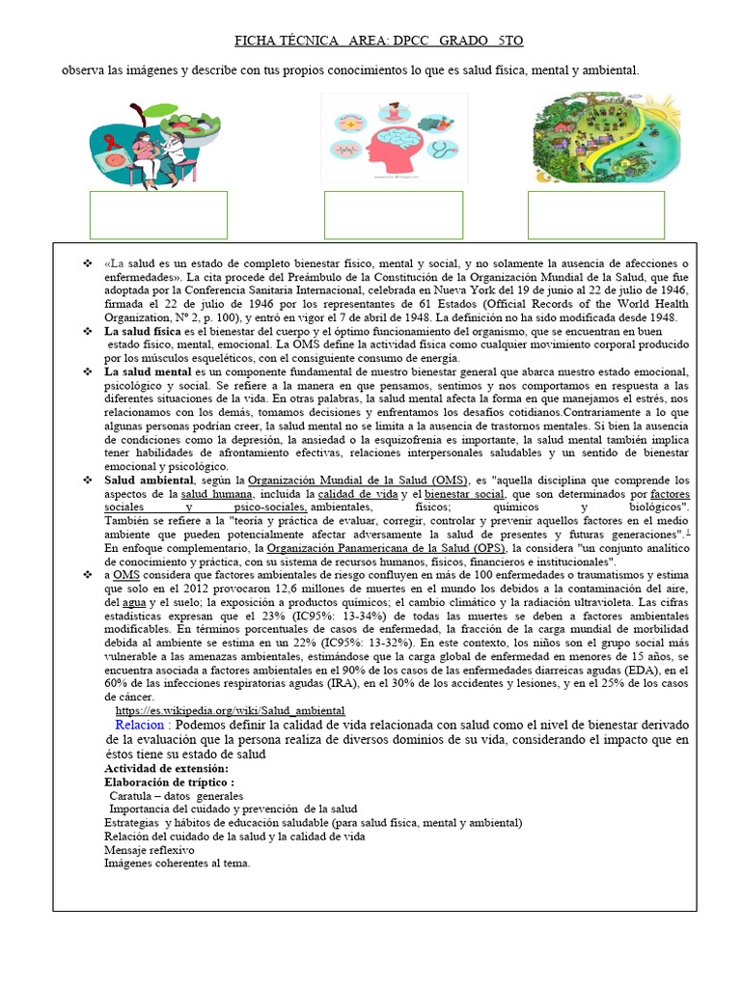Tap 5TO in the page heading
click(510, 41)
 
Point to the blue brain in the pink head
click(397, 139)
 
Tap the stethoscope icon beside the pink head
click(442, 150)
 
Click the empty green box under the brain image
click(394, 215)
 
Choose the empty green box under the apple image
click(158, 215)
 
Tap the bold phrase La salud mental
click(148, 371)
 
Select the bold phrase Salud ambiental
click(149, 480)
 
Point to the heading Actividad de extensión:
click(166, 768)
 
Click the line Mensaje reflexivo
click(149, 850)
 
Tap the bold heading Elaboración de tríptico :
click(169, 782)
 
